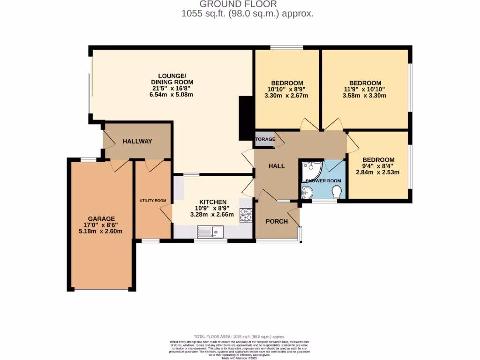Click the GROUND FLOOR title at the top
coord(247,5)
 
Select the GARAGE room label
coord(101,218)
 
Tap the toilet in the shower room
coord(336,192)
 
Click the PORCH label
coord(277,221)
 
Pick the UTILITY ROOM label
coord(153,201)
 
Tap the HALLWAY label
coord(137,141)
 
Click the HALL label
coord(277,166)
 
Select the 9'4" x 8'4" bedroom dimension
coord(378,166)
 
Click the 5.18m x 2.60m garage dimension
coord(101,231)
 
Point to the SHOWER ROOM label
coord(323,180)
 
